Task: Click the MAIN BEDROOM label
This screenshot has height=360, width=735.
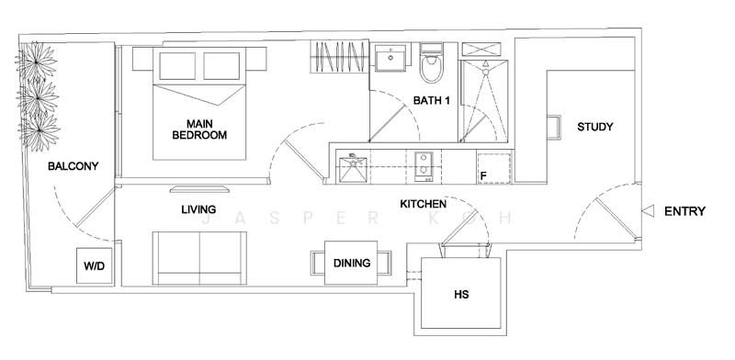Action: click(199, 129)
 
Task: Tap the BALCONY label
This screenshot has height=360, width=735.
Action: click(73, 166)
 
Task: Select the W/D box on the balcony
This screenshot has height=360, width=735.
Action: click(94, 265)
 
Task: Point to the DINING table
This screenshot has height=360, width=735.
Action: click(352, 264)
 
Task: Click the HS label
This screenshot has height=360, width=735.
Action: click(461, 296)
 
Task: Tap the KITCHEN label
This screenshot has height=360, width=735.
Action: click(424, 203)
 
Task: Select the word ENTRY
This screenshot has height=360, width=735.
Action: click(684, 211)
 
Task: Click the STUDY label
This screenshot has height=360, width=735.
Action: click(594, 127)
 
